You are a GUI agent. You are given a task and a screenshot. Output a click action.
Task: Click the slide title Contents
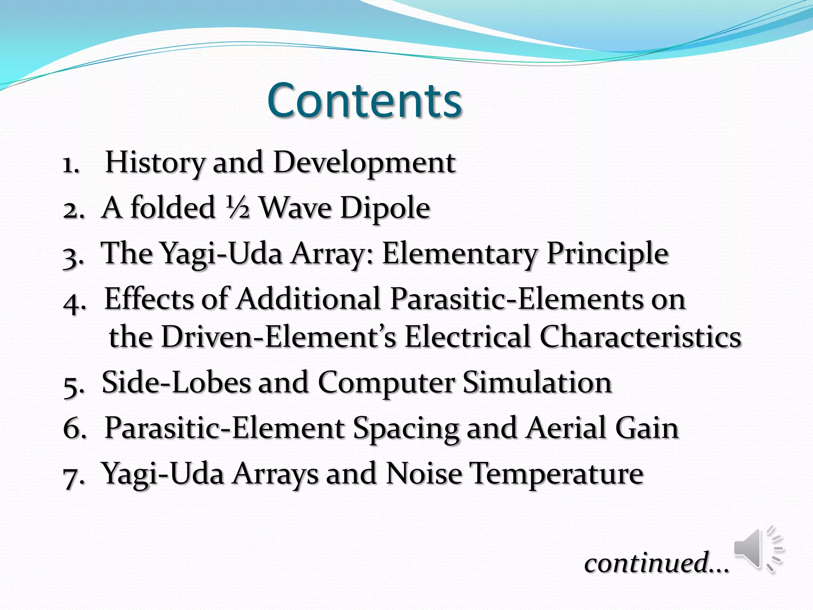tap(364, 100)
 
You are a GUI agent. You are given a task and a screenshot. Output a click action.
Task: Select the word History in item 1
tap(155, 163)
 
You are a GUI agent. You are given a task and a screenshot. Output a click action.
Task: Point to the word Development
tap(364, 163)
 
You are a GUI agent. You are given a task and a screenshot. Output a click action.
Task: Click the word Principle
tap(607, 253)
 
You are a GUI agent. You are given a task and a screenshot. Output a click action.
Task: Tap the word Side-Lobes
tap(176, 382)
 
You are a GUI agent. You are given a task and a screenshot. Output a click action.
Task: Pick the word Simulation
tap(537, 382)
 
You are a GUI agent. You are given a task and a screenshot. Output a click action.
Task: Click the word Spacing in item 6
tap(406, 428)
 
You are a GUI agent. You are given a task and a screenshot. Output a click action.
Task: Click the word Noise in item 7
tap(424, 473)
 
